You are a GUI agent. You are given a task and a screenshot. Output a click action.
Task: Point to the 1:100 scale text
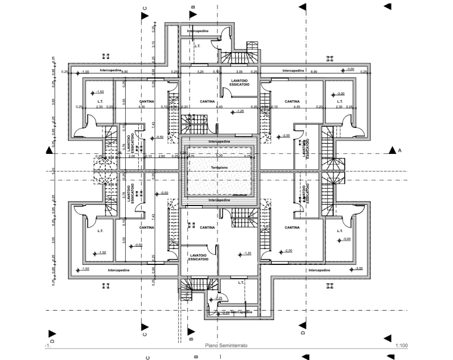pyautogui.click(x=403, y=344)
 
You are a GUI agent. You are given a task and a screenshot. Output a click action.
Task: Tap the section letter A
pyautogui.click(x=400, y=151)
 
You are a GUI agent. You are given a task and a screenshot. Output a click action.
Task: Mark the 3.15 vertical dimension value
pyautogui.click(x=153, y=45)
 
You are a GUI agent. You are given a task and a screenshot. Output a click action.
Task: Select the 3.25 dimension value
pyautogui.click(x=200, y=72)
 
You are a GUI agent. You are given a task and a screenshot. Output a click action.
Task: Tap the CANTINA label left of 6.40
pyautogui.click(x=207, y=101)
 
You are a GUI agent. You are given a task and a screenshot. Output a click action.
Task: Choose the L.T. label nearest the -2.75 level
pyautogui.click(x=241, y=281)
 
